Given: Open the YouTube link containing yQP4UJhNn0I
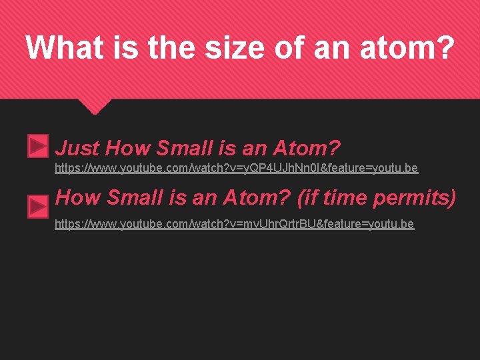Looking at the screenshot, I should coord(236,168).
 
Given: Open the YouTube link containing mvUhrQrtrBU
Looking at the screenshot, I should coord(234,224).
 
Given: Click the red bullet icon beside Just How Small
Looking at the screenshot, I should coord(38,146).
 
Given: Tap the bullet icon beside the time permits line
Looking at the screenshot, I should coord(38,207).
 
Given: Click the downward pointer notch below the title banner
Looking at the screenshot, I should coord(95,105).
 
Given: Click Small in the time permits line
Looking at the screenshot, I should coord(137,198).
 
